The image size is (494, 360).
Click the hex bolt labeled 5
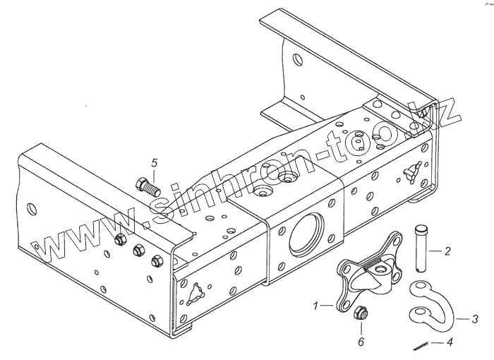pos(147,187)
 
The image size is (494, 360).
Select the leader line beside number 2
pos(436,250)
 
